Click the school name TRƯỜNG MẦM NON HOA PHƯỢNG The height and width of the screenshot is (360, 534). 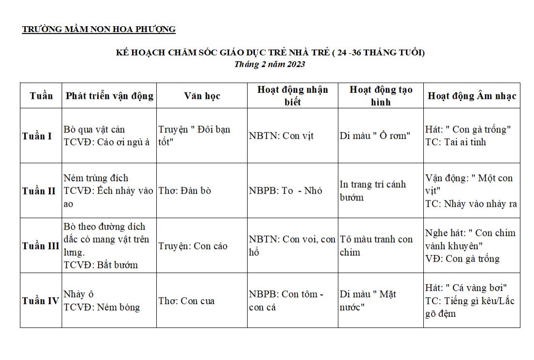(x=99, y=29)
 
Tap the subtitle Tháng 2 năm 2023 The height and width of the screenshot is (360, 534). (x=269, y=64)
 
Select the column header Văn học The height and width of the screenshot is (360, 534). (x=202, y=96)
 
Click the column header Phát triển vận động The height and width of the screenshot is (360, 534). (x=109, y=96)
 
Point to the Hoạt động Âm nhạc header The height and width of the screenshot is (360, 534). (x=471, y=96)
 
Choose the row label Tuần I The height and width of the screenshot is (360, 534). (x=37, y=136)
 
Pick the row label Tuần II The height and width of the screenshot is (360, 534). (x=39, y=191)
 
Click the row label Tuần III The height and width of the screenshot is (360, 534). (x=41, y=245)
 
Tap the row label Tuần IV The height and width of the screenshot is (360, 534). (x=40, y=301)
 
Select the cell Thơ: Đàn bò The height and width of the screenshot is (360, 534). (x=185, y=191)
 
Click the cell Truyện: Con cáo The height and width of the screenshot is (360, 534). (x=193, y=246)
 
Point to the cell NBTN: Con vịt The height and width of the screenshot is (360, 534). (x=281, y=136)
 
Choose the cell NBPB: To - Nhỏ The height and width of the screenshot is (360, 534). (x=285, y=191)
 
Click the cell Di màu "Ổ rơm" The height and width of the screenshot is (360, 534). (x=375, y=136)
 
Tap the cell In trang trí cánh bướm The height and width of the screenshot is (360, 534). (x=372, y=191)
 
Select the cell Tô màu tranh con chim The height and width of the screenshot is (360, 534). (x=376, y=246)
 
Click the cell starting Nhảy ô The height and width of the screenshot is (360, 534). (x=101, y=301)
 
